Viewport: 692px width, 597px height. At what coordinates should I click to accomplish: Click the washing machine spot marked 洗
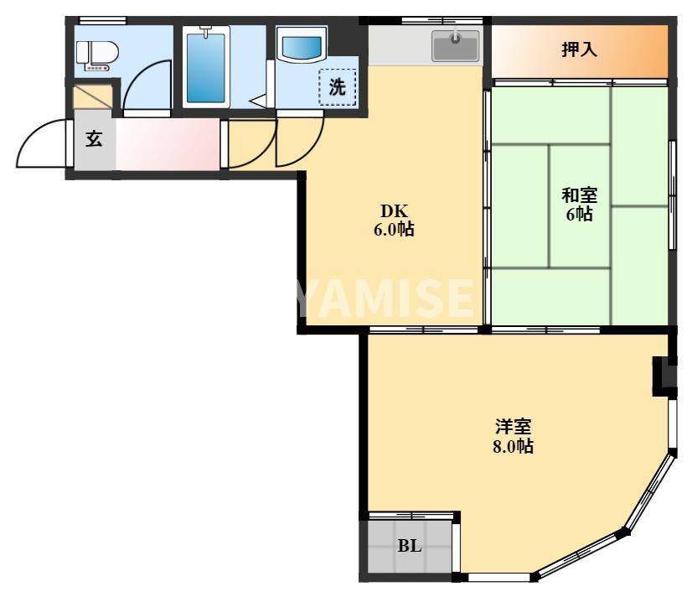click(337, 86)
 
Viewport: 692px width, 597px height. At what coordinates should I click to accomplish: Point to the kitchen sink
click(455, 44)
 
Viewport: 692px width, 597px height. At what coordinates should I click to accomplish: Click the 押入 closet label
click(579, 49)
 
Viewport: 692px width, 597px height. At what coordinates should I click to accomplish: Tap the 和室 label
click(579, 196)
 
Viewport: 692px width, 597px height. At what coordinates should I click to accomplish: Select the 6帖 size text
click(579, 215)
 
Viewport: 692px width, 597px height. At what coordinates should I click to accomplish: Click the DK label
click(394, 211)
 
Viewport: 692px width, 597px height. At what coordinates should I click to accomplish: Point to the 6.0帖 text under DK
click(394, 229)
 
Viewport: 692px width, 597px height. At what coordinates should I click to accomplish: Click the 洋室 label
click(512, 427)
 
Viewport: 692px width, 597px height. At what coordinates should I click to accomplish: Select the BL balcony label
click(409, 547)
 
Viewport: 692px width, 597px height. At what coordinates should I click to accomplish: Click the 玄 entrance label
click(94, 139)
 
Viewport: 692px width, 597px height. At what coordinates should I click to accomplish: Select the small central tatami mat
click(580, 205)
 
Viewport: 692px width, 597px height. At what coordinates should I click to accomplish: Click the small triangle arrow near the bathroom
click(258, 101)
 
